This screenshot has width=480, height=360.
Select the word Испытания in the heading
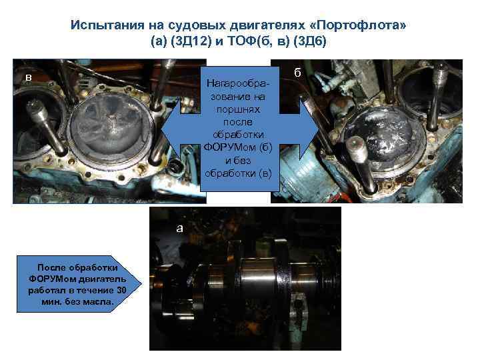(x=107, y=25)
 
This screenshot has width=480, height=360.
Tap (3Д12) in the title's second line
(x=191, y=41)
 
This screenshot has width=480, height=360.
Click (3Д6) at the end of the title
(x=310, y=41)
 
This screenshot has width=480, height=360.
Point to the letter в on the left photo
(x=29, y=78)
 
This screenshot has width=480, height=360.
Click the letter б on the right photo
(x=297, y=73)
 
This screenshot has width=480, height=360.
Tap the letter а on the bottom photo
(x=180, y=229)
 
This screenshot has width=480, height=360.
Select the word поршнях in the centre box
(x=238, y=109)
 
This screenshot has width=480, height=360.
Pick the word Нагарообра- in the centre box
(x=238, y=83)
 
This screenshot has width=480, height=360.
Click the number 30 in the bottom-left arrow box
(x=121, y=290)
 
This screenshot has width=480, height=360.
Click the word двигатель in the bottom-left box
(x=102, y=279)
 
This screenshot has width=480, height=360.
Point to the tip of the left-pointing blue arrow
(x=161, y=129)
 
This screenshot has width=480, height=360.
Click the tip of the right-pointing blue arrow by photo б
(x=319, y=129)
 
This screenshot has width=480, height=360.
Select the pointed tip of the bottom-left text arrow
(x=142, y=284)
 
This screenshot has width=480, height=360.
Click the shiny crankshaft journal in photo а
(x=259, y=275)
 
